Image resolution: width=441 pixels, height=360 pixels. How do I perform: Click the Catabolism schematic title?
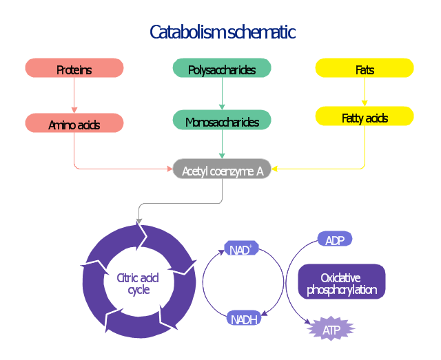222,32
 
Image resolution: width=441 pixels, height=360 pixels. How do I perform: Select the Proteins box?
74,68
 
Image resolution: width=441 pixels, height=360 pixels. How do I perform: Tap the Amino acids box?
74,123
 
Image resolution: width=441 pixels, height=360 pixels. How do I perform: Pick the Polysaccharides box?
221,68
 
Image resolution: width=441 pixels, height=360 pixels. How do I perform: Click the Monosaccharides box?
221,120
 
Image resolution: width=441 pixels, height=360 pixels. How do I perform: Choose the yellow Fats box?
365,68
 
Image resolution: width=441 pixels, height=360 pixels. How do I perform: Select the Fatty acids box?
365,116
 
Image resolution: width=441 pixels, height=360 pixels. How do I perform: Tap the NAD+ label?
241,248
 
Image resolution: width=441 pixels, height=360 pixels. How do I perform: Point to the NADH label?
244,318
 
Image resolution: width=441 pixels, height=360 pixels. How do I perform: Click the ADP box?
335,239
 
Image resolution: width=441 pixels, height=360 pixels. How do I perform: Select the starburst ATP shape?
331,330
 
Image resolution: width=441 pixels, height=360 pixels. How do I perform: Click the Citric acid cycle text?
138,284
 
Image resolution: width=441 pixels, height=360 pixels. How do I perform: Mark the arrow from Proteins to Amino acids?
74,96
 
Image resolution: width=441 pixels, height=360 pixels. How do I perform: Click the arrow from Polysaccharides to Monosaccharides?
221,94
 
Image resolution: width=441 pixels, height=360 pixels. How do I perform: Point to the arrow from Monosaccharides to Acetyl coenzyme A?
221,145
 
